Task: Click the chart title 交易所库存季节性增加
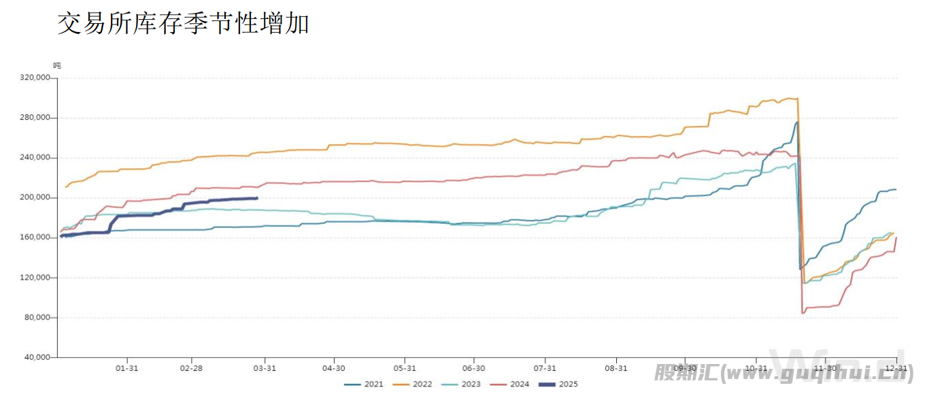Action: [183, 24]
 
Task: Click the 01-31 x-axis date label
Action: [127, 368]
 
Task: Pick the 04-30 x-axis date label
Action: [333, 368]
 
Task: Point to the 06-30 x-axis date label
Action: [474, 368]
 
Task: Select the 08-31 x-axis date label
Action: [616, 368]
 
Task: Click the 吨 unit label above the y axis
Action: [57, 65]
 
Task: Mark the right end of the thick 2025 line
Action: [256, 198]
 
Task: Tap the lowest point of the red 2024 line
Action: [803, 313]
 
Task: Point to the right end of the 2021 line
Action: [896, 189]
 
